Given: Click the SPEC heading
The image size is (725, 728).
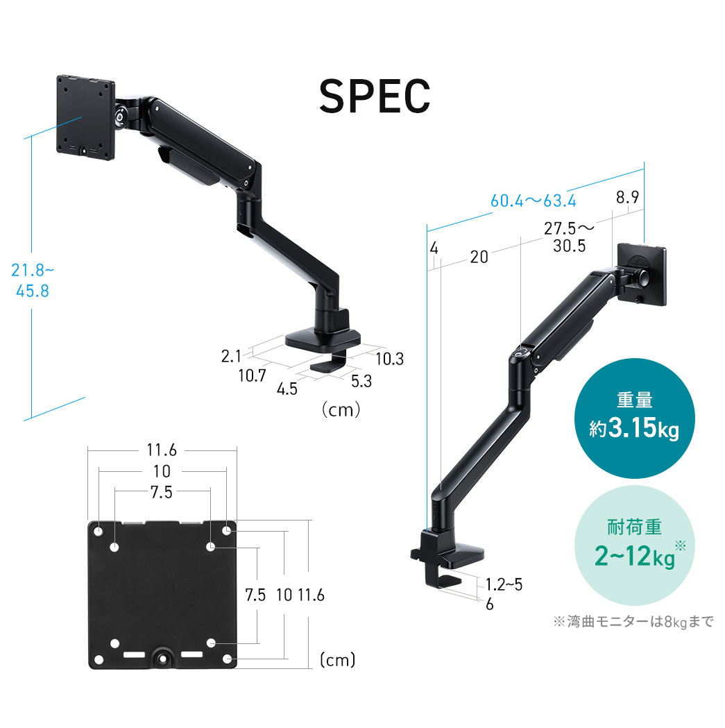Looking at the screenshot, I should tap(375, 97).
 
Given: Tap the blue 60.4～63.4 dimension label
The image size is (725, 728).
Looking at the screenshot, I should tap(534, 201).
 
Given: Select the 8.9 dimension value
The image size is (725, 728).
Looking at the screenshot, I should tap(627, 198).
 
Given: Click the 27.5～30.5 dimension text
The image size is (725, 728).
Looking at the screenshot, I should tap(569, 237).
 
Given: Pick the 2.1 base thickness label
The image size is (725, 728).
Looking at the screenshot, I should tap(230, 357).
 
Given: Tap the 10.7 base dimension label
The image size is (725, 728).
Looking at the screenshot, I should tap(252, 376).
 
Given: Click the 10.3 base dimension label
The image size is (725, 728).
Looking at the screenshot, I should tap(389, 359).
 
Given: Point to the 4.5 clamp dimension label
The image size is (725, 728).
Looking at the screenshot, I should tap(287, 389).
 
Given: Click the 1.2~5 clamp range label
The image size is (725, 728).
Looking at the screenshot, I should tap(504, 584).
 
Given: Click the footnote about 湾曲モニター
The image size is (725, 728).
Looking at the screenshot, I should tap(633, 622).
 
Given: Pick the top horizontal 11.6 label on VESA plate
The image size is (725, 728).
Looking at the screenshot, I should tap(162, 450).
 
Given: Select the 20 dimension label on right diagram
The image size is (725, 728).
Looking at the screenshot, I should tap(479, 257).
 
